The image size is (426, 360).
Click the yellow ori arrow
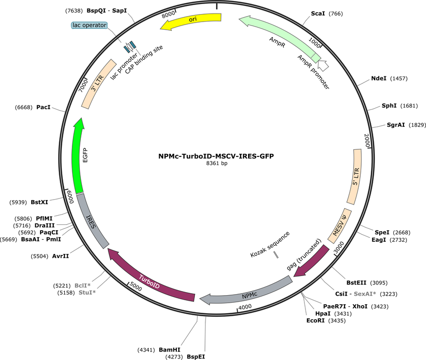coord(191,21)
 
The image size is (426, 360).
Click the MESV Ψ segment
coord(340,226)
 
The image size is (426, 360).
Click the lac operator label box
coord(89,25)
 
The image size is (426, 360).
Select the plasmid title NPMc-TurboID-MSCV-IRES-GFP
coord(216,156)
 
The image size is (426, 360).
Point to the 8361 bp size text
coord(217,163)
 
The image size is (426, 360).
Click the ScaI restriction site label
coord(318,14)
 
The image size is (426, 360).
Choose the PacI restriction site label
coord(44,107)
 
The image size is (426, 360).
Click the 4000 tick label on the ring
coord(245,307)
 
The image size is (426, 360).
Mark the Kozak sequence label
coord(270,244)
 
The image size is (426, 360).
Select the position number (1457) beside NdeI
coord(399,78)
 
